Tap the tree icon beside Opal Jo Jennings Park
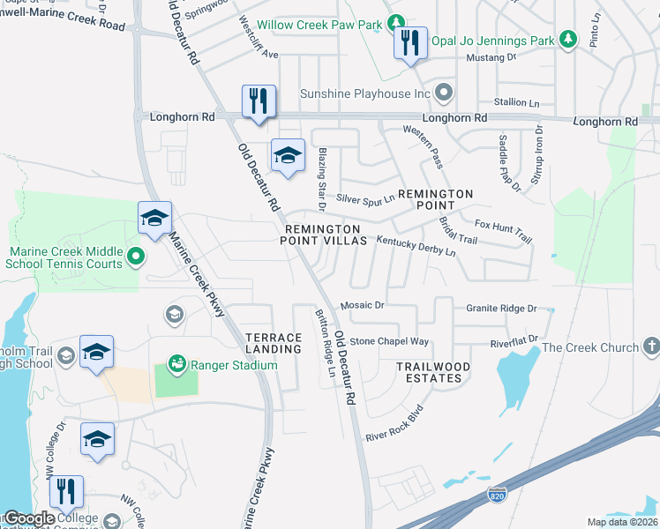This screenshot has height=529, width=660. coord(569,40)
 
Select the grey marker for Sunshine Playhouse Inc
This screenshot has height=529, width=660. coord(444,93)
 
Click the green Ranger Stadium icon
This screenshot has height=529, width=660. coord(176,363)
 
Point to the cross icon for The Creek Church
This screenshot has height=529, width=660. coord(651,346)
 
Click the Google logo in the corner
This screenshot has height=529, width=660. coord(28,518)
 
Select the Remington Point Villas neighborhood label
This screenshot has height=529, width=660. coord(324,235)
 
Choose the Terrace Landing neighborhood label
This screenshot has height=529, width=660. coord(274,344)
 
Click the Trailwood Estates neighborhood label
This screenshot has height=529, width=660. coord(433,372)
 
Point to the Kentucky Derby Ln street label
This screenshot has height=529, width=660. coord(416,246)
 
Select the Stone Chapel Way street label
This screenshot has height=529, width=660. coord(389,341)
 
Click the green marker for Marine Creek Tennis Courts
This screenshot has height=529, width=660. coord(135,257)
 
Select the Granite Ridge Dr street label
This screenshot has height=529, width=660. coord(500,309)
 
